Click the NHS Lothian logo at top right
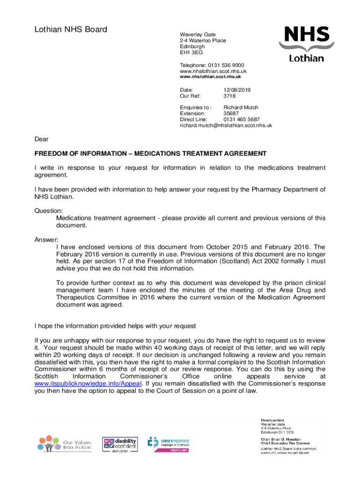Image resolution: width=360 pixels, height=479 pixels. [x=305, y=44]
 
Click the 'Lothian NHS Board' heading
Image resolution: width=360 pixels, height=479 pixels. [x=71, y=29]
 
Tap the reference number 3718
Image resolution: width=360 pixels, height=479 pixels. [x=230, y=96]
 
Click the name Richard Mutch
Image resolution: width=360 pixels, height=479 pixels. [x=241, y=108]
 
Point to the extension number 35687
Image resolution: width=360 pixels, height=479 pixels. [x=231, y=114]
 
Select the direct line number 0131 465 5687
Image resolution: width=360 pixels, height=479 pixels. [x=242, y=120]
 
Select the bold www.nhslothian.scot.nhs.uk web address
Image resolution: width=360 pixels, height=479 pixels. [x=210, y=77]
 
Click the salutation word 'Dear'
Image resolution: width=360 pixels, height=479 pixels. [x=42, y=139]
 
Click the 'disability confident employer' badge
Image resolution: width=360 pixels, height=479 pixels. [x=120, y=445]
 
